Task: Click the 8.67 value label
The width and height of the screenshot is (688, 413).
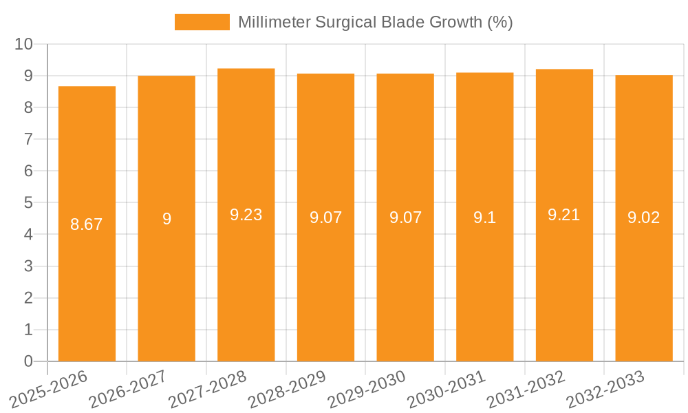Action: pos(87,224)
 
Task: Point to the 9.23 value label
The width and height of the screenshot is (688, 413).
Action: pos(246,215)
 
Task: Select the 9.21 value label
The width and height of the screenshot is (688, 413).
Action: pos(564,215)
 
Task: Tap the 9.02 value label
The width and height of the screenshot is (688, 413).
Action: pos(644,218)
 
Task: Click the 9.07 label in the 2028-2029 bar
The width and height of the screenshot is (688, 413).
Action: pos(326,218)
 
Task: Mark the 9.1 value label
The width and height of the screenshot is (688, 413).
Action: pos(485,218)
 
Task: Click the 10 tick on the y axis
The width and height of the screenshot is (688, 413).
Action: pos(24,44)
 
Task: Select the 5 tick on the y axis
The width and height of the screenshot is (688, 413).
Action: pos(28,203)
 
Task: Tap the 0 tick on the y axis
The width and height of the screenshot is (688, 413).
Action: pos(28,361)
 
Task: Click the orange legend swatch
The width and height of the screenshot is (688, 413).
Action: pos(202,22)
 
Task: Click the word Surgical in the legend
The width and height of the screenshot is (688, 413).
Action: pos(344,22)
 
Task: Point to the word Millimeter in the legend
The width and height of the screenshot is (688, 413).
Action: pos(274,22)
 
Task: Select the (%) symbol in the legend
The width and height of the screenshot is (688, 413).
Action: pos(500,22)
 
